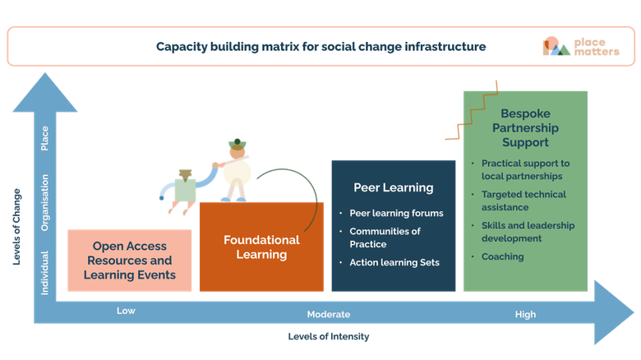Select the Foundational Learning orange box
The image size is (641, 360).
(261, 247)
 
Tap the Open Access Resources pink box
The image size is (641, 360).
(130, 261)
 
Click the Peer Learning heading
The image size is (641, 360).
(393, 187)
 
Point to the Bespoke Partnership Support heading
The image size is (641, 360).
(525, 128)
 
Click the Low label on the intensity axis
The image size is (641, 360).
(126, 311)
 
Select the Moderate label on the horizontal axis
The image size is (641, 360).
(329, 314)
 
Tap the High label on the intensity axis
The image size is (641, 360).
(525, 314)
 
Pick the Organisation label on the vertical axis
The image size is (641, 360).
(45, 201)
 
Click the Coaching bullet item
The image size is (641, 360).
(503, 256)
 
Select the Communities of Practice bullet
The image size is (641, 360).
(385, 238)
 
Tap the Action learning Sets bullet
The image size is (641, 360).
(394, 262)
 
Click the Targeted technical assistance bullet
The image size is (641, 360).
(523, 201)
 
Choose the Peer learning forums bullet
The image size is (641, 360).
(396, 213)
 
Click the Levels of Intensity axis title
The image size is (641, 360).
(329, 336)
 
